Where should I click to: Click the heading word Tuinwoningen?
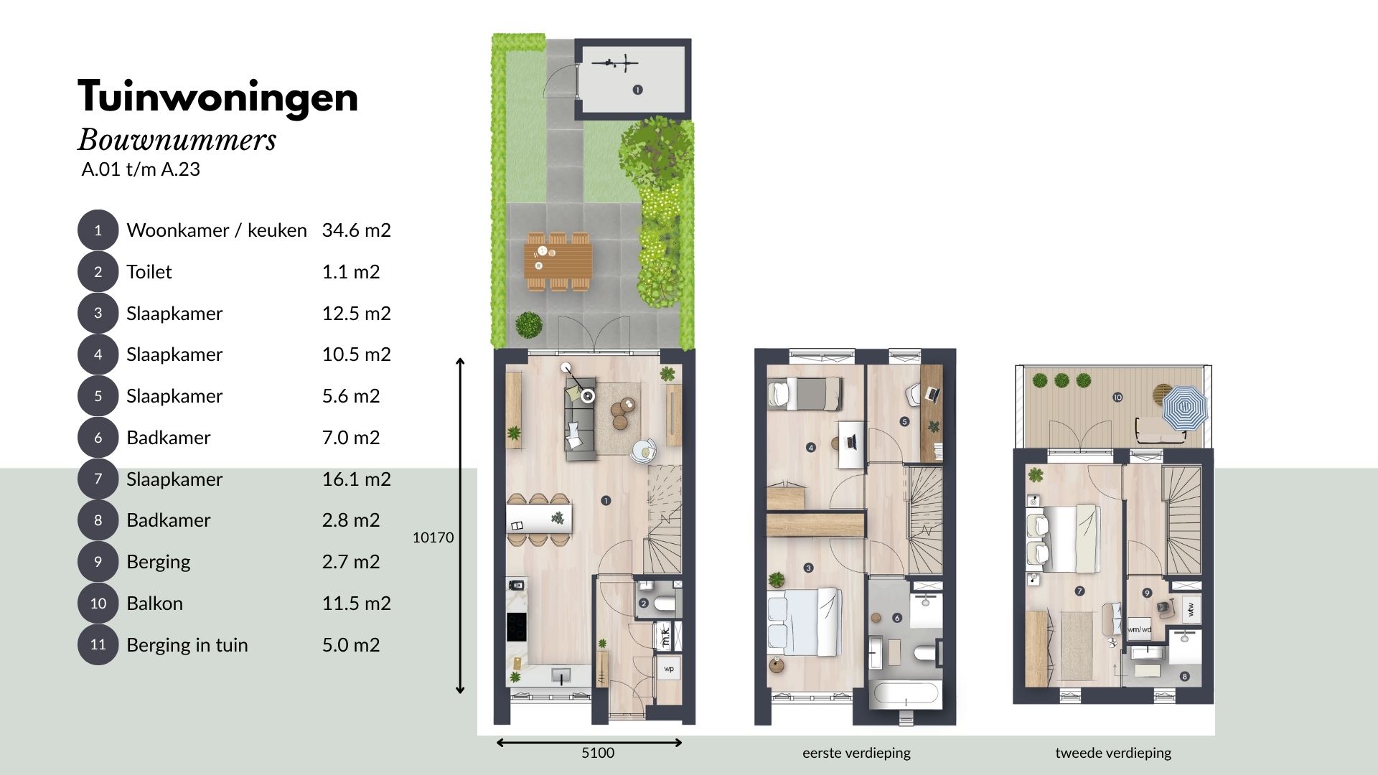[x=217, y=97]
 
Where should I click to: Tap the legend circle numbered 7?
[x=98, y=479]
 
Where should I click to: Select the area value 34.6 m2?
[x=356, y=230]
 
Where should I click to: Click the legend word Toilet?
[x=149, y=272]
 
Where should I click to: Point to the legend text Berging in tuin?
[x=187, y=645]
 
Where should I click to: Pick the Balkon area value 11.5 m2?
[x=356, y=603]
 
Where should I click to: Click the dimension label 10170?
[x=433, y=537]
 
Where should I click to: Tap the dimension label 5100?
[x=598, y=753]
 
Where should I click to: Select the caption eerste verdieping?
[x=856, y=753]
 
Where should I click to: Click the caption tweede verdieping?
[x=1113, y=753]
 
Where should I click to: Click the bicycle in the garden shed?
[x=614, y=63]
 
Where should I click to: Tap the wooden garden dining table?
[x=558, y=261]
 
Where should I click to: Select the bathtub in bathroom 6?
[x=904, y=695]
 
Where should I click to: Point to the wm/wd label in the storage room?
[x=1139, y=629]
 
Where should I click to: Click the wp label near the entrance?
[x=669, y=669]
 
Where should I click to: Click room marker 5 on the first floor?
[x=904, y=422]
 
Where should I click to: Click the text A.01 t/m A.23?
[x=141, y=169]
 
